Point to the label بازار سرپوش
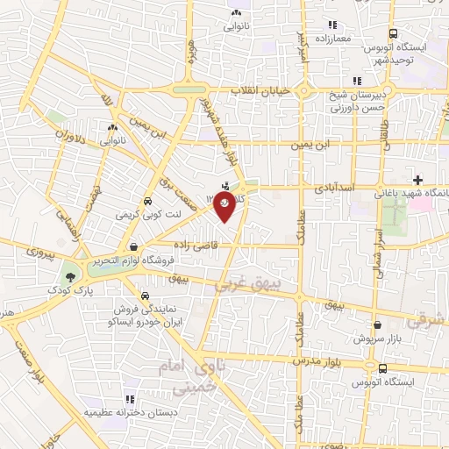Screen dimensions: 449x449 (377, 338)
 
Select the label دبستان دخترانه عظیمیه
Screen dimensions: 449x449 (130, 410)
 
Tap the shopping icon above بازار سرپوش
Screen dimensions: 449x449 (376, 324)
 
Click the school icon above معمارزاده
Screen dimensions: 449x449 (332, 25)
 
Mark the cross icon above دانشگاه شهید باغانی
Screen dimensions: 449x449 (417, 180)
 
